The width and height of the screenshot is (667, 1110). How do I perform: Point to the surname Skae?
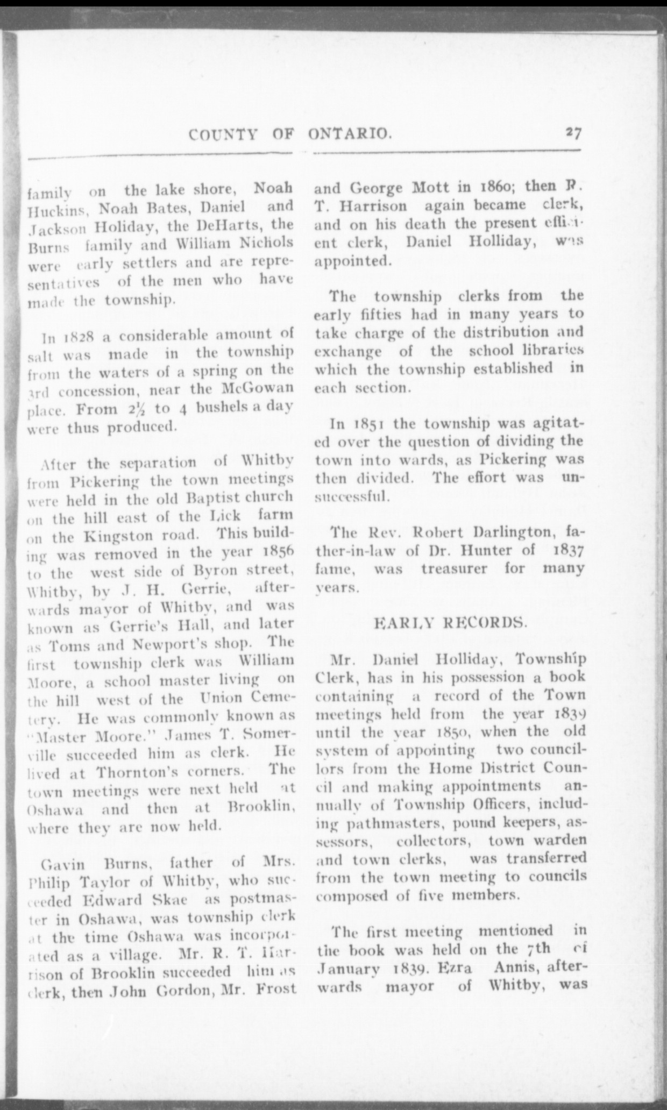tap(164, 900)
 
